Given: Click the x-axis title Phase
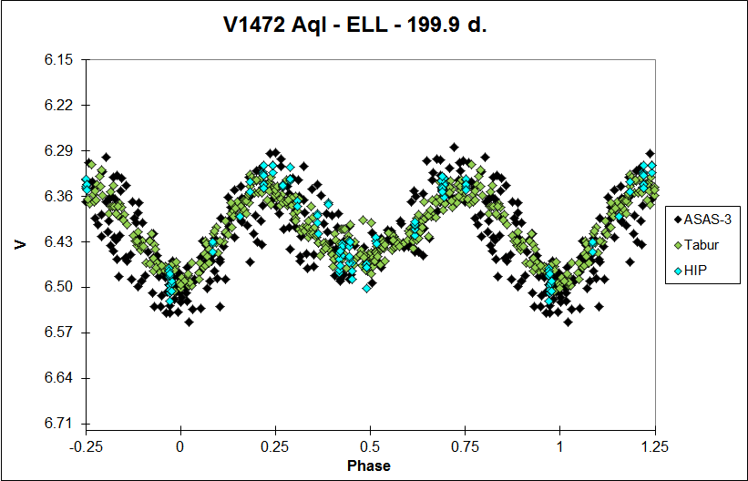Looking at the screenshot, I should [x=369, y=466].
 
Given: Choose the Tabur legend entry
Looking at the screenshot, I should [x=697, y=244].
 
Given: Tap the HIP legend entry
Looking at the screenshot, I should [x=692, y=271].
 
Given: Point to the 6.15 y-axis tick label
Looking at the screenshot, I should [x=58, y=60].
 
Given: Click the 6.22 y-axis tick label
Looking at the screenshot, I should [x=58, y=106].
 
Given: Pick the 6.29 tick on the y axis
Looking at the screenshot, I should [x=58, y=151].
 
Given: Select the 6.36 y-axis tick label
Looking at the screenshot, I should [x=58, y=197].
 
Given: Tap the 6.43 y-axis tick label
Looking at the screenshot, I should [x=58, y=242].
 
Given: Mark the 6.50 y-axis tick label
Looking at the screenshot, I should [x=58, y=288].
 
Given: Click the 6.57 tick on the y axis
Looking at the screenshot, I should [x=58, y=333].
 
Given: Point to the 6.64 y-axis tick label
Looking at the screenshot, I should [x=58, y=379].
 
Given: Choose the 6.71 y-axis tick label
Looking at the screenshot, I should [x=58, y=425].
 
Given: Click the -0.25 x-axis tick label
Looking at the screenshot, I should [x=86, y=445].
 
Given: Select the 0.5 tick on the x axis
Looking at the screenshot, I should [x=370, y=445].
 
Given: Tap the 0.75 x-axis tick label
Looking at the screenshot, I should [x=465, y=445].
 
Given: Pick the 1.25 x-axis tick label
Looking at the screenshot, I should [x=654, y=445].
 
